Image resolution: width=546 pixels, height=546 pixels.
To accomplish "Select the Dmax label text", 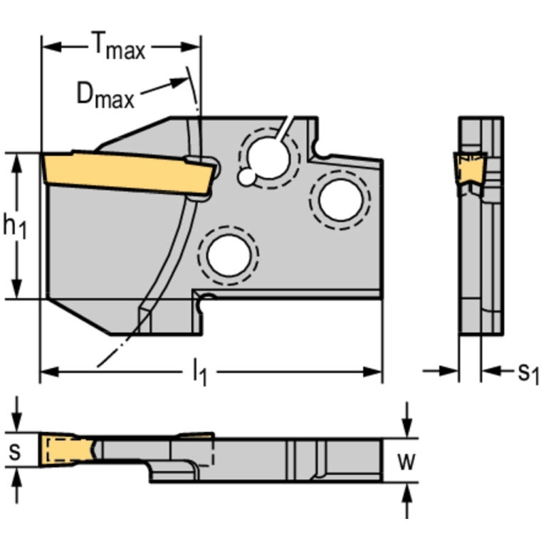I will [x=105, y=94].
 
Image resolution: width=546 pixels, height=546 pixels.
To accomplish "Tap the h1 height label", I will [x=14, y=226].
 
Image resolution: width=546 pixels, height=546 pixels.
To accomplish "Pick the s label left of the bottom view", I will [x=14, y=451].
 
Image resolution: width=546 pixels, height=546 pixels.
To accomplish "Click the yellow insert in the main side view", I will [x=128, y=172].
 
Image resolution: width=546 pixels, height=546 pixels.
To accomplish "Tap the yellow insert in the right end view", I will [x=468, y=169].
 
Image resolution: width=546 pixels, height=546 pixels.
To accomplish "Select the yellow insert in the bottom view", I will [x=67, y=449].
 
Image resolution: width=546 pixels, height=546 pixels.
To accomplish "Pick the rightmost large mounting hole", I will [x=340, y=200].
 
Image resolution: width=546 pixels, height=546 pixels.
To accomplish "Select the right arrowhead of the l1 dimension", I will [x=374, y=371].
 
